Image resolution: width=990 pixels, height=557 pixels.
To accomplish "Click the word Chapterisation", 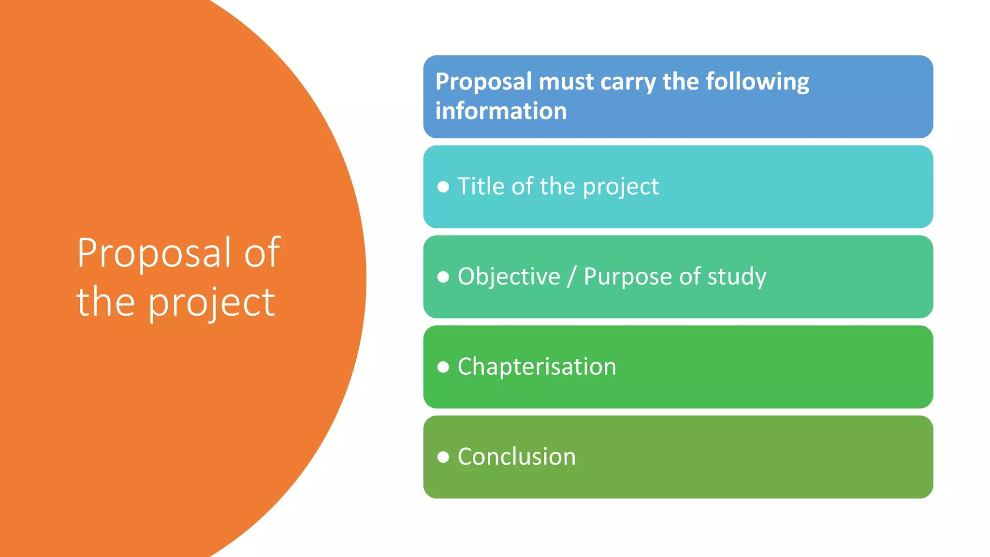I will coord(537,366).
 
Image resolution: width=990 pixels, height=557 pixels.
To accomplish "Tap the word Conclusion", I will coord(516,456).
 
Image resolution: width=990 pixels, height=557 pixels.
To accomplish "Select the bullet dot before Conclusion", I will coord(443,457).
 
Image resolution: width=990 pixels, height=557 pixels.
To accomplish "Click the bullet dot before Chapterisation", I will coord(443,367).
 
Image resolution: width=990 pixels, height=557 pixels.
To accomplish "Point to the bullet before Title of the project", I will coord(443,187).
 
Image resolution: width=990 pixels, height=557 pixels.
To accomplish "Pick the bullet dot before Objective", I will coord(443,277).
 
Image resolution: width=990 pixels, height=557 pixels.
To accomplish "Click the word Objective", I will coord(509,277).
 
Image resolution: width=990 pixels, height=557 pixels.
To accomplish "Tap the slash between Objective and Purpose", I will coord(572,277).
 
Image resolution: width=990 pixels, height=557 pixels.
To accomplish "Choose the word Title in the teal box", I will coord(480,186).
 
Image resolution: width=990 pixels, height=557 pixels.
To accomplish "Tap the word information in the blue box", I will coord(501,111).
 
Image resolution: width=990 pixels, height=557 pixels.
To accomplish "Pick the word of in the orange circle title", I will coord(262,252).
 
